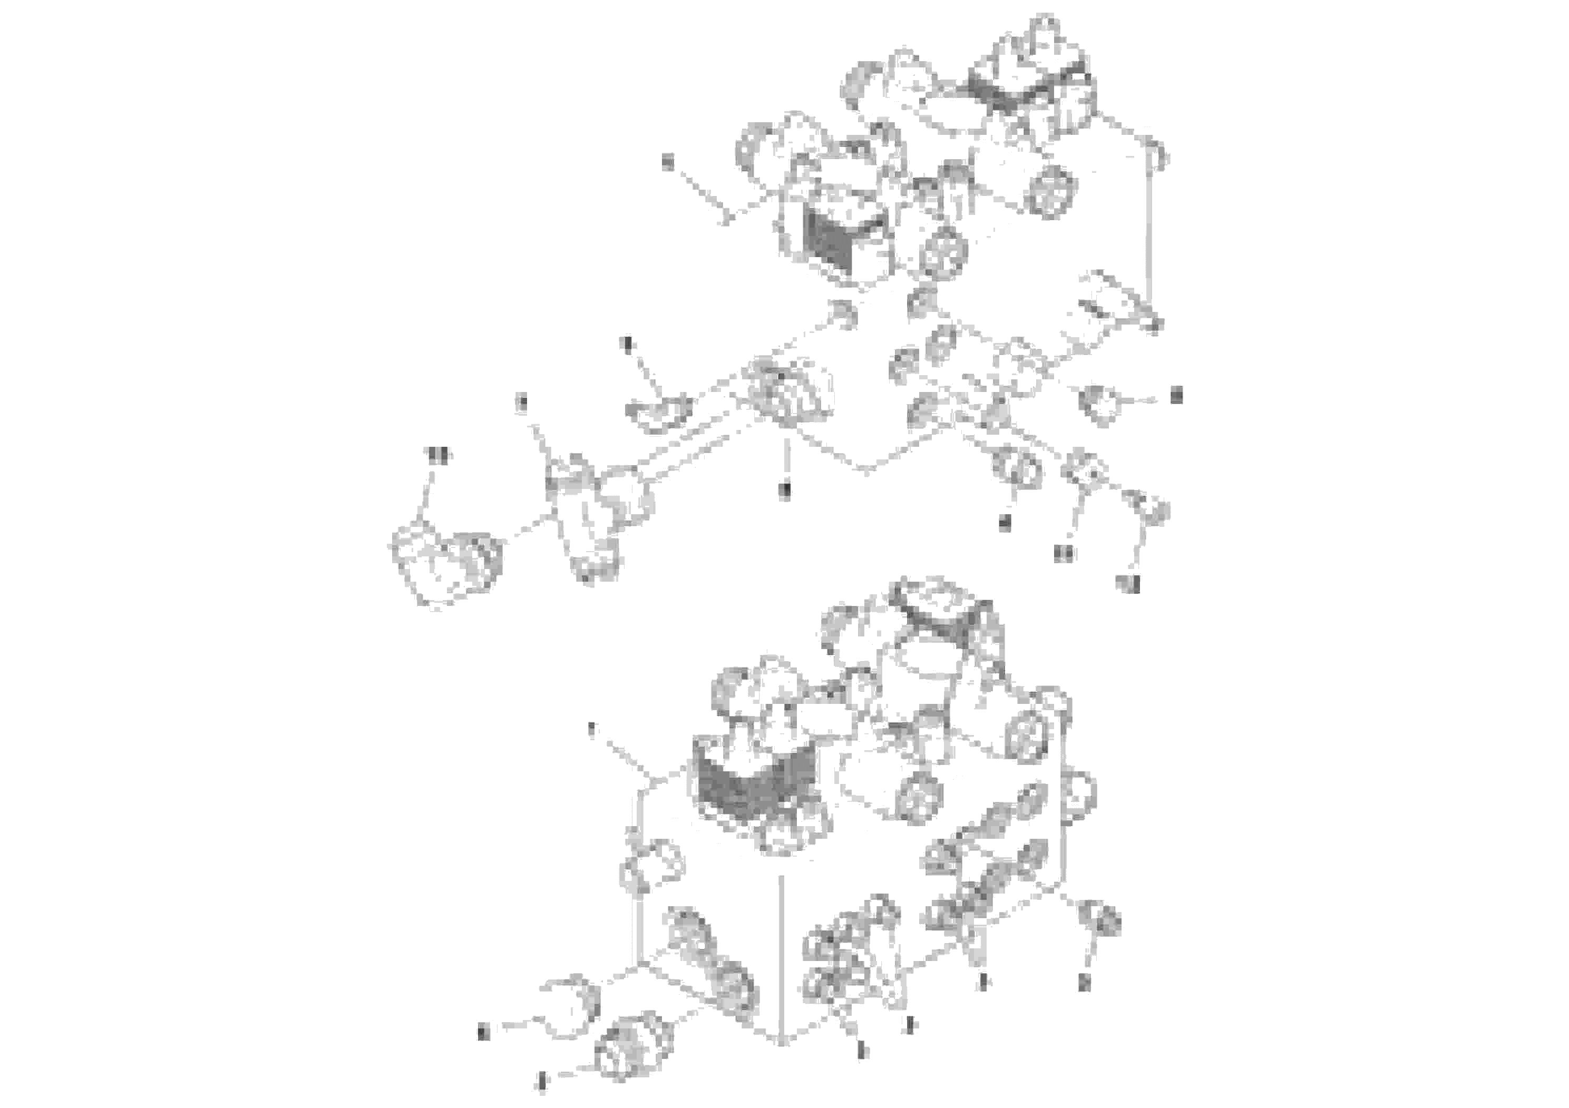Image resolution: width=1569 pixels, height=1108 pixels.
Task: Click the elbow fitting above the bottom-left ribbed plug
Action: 571,1003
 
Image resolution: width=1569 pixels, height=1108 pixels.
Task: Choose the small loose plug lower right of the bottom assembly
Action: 1100,920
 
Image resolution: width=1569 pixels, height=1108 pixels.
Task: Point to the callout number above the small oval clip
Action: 627,343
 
